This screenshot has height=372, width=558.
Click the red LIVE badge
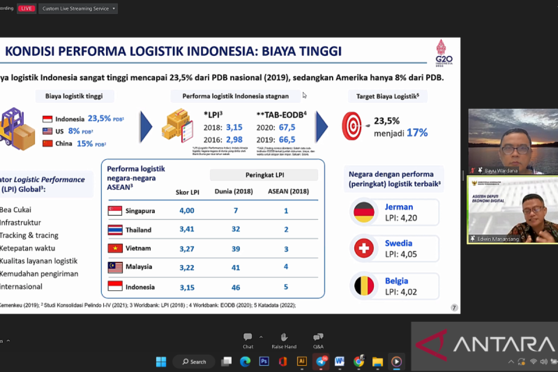(27, 8)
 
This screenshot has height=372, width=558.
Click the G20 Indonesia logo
(443, 53)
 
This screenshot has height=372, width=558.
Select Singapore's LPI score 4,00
(187, 211)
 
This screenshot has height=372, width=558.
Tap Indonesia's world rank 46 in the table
(236, 287)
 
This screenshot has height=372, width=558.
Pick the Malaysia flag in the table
(115, 267)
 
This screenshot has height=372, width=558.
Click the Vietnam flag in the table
(115, 248)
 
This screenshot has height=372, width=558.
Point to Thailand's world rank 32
(236, 229)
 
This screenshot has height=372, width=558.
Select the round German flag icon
(364, 212)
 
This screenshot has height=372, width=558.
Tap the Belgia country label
(396, 281)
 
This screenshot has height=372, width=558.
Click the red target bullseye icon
(352, 126)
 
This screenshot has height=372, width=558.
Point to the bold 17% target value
(417, 133)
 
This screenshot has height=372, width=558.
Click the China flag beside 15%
(47, 144)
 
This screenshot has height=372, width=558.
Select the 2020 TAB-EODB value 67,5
(286, 127)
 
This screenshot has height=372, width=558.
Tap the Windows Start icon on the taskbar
(161, 361)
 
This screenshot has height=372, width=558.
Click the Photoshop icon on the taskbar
(264, 361)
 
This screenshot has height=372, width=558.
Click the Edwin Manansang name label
(497, 239)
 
